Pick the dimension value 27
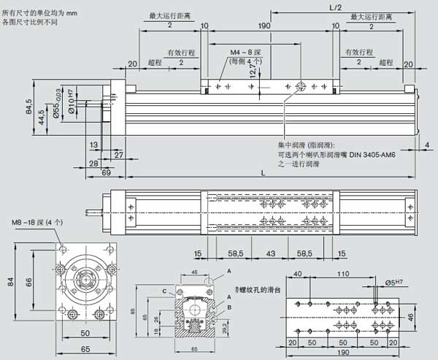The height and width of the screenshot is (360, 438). point(118,155)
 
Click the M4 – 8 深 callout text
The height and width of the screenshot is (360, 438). point(246,53)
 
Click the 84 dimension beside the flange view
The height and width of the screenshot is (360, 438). point(11,281)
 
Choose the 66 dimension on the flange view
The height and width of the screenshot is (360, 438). point(29,281)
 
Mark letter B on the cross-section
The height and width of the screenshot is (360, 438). point(231,307)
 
